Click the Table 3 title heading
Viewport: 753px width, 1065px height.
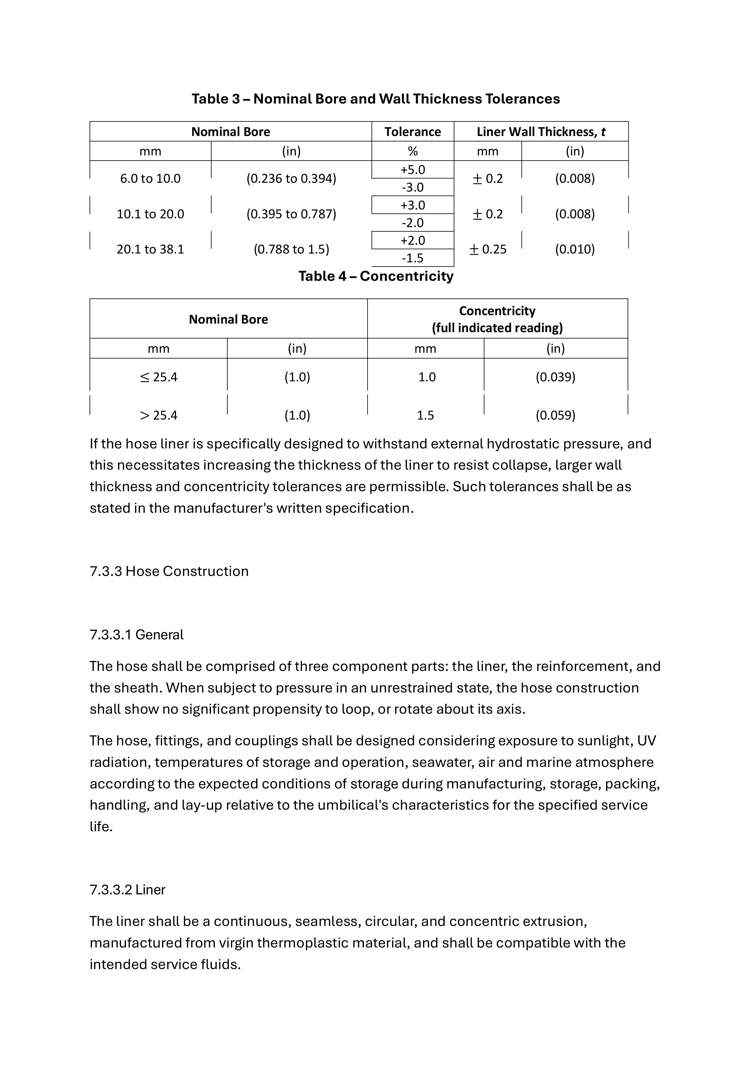click(375, 99)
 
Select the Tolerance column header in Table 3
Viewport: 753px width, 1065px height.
click(412, 132)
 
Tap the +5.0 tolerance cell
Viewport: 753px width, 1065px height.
click(412, 170)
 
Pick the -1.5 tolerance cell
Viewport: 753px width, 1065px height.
click(412, 258)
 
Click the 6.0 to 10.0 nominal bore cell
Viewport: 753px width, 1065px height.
click(150, 179)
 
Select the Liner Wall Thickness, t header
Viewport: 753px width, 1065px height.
click(541, 132)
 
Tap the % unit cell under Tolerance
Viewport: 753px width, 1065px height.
click(412, 151)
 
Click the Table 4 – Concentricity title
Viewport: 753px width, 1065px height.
click(375, 276)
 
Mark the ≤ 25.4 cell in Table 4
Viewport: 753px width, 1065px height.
click(158, 377)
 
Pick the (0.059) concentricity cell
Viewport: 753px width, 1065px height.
click(555, 415)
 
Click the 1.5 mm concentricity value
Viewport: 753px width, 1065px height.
click(425, 415)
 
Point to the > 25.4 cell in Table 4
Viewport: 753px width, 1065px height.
click(158, 415)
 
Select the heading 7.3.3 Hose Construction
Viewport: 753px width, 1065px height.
click(169, 571)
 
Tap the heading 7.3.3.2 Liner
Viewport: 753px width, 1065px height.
click(127, 890)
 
